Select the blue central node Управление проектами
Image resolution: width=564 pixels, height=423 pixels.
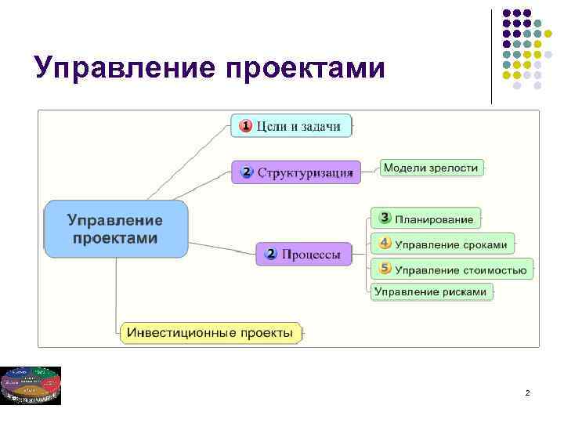tap(116, 229)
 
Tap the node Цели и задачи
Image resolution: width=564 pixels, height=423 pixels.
tap(291, 126)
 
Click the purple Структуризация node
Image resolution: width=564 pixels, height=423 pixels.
tap(297, 172)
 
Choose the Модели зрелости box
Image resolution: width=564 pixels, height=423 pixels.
tap(432, 168)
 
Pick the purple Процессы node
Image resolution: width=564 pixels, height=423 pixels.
tap(304, 254)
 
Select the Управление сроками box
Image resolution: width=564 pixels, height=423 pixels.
tap(443, 244)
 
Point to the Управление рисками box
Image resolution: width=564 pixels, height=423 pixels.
tap(431, 292)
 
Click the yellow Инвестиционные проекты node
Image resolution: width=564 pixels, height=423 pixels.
tap(211, 332)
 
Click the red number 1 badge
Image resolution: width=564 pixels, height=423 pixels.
tap(245, 125)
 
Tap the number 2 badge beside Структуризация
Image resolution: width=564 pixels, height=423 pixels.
tap(247, 172)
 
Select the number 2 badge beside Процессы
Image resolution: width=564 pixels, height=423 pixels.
tap(271, 254)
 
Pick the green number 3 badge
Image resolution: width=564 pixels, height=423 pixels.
tap(385, 218)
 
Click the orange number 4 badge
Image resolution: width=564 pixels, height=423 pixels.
tap(385, 244)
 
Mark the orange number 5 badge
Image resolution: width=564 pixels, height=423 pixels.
tap(385, 269)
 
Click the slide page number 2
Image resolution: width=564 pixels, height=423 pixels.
tap(527, 392)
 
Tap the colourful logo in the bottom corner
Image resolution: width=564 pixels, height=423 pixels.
tap(31, 385)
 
